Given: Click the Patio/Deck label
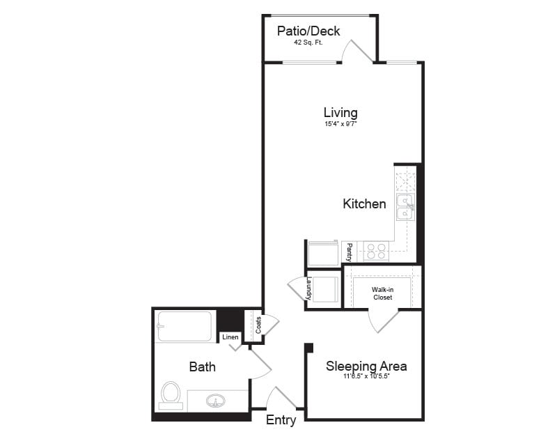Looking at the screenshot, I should tap(308, 31).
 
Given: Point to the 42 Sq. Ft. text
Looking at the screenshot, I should tap(309, 43).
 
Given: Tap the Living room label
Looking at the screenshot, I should tap(340, 112).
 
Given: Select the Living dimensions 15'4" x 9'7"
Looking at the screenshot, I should tap(340, 125).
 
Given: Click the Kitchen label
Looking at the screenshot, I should tap(364, 204).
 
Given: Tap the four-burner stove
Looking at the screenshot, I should tap(377, 251).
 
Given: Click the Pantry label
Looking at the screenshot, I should tap(350, 251).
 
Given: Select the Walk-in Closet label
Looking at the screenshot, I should tap(382, 293).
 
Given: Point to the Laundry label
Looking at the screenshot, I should tap(309, 288).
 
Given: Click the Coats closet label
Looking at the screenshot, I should tap(258, 325).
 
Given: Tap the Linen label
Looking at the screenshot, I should tap(230, 337).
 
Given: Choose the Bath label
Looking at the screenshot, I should tap(202, 367).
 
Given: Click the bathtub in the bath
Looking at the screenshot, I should tap(185, 326).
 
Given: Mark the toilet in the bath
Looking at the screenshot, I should tap(170, 394).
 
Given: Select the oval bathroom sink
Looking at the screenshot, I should tap(217, 401).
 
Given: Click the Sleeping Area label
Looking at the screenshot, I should tap(366, 367).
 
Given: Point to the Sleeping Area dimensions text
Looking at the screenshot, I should tap(366, 377).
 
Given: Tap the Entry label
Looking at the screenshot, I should tap(281, 420).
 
